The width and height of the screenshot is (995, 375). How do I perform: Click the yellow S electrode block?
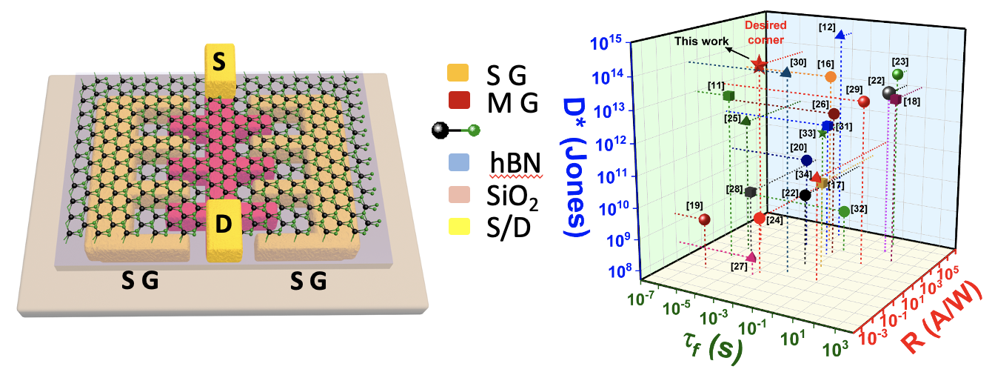(219, 70)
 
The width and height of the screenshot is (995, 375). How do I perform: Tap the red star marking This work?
(759, 65)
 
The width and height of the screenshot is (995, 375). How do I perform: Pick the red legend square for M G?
(455, 102)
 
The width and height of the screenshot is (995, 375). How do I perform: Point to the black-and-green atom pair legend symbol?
(455, 131)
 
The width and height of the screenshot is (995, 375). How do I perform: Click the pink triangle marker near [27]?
(752, 256)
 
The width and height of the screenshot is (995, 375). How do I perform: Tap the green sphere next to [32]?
(844, 211)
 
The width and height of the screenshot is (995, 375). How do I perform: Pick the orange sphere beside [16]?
(831, 76)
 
